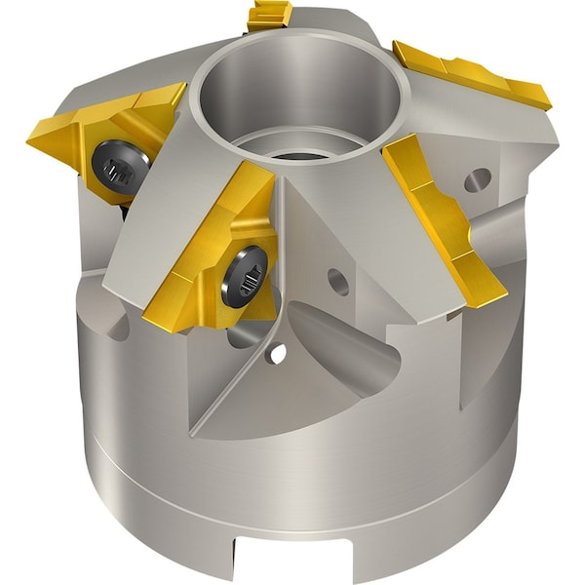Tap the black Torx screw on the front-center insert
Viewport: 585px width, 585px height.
tap(245, 275)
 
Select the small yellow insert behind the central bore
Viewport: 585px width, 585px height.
tap(271, 14)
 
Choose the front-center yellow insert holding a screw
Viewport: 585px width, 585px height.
tap(214, 253)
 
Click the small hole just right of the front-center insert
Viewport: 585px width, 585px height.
tap(338, 282)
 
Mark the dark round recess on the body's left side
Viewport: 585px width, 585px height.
tap(117, 327)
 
